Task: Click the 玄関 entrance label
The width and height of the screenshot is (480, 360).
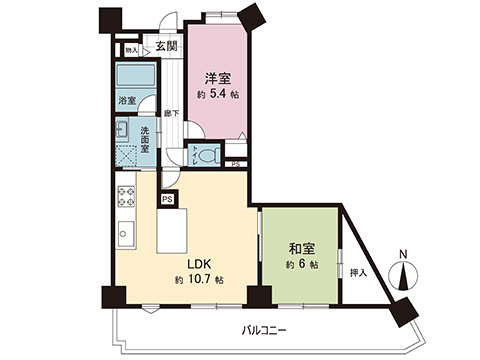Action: (x=166, y=45)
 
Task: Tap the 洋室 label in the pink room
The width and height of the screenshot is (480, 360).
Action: (x=219, y=78)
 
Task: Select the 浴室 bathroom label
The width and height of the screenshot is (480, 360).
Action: (x=126, y=102)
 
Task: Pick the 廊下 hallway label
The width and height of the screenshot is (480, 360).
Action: (x=171, y=113)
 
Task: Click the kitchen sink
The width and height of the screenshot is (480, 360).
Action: (x=127, y=234)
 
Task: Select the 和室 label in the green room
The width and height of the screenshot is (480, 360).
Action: (x=299, y=249)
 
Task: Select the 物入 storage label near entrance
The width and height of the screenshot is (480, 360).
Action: (x=131, y=48)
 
